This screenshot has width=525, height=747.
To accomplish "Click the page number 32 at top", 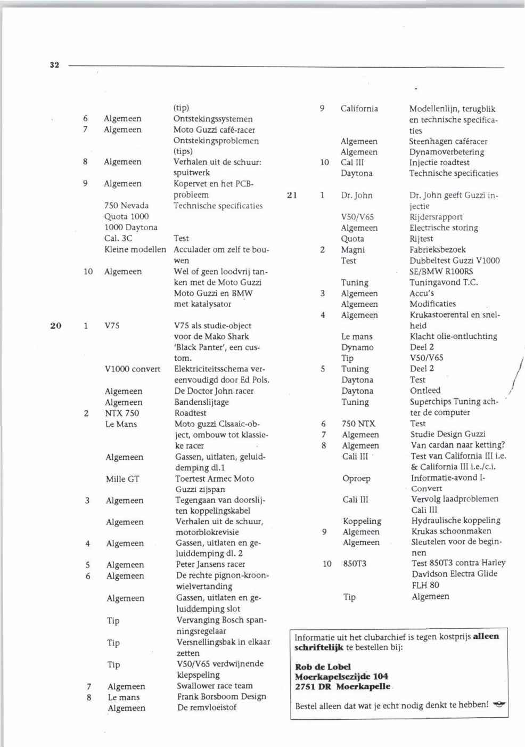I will pos(54,65).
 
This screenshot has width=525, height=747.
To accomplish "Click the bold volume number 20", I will pos(56,326).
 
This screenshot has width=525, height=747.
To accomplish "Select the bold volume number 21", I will pos(292,195).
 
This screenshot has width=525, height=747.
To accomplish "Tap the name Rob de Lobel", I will pos(323,667).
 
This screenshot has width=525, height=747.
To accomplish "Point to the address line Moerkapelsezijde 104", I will pos(341,677).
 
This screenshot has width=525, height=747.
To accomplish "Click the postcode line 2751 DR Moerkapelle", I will pos(342,687).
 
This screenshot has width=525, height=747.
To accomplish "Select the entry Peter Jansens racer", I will pos(210,564).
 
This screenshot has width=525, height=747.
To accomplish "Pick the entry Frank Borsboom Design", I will pos(221,696).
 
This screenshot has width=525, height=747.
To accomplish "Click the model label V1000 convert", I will pos(133,369).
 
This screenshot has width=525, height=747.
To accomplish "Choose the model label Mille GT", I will pos(122,479).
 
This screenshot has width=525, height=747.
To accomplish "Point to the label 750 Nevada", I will pos(126,206).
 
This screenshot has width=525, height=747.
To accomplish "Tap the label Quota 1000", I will pos(126,216).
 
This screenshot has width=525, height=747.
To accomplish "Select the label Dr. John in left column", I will pos(357,195).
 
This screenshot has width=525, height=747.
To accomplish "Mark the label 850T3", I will pos(355,564).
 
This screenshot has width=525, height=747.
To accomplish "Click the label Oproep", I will pos(356,478).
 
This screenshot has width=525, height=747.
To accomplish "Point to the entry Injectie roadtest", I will pos(439,163).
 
